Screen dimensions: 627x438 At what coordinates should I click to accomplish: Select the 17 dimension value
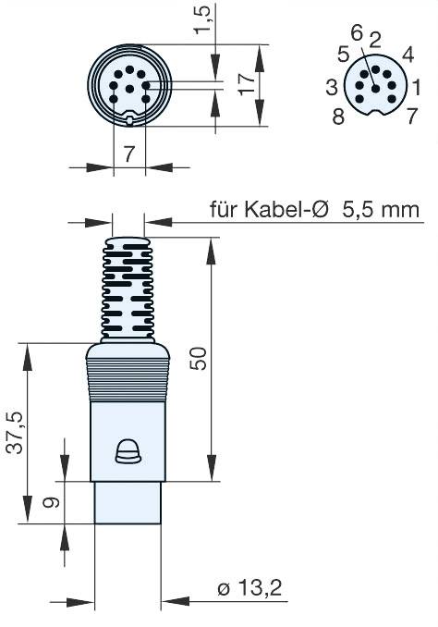point(246,85)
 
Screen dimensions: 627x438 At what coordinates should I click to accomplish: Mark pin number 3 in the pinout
point(331,87)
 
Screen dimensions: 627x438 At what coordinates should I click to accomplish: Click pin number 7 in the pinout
point(412,117)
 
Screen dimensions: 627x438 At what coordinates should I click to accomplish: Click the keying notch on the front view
point(130,118)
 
